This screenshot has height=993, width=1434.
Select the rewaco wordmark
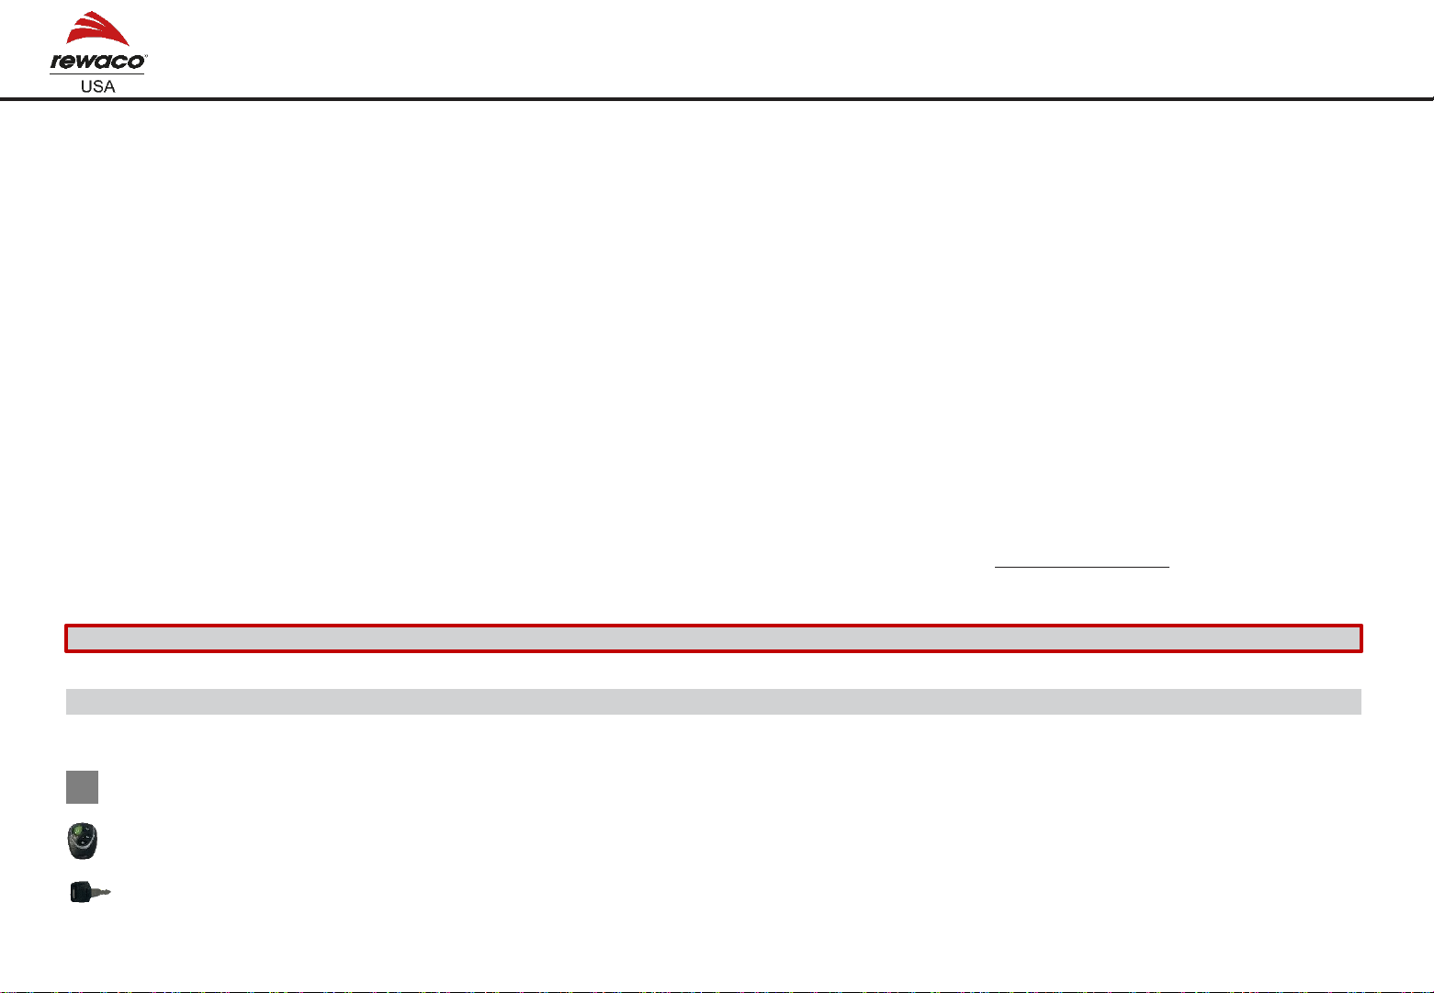[x=96, y=62]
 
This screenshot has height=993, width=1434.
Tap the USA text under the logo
[x=96, y=85]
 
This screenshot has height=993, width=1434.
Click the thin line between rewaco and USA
[x=96, y=73]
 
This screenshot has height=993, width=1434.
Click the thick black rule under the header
[x=717, y=98]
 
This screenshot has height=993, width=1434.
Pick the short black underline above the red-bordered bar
[x=1082, y=568]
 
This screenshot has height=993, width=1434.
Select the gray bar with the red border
[x=713, y=638]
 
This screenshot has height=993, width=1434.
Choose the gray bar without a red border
[x=713, y=702]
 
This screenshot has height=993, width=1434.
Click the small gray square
[x=82, y=787]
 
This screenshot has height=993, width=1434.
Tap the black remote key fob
[x=83, y=841]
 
